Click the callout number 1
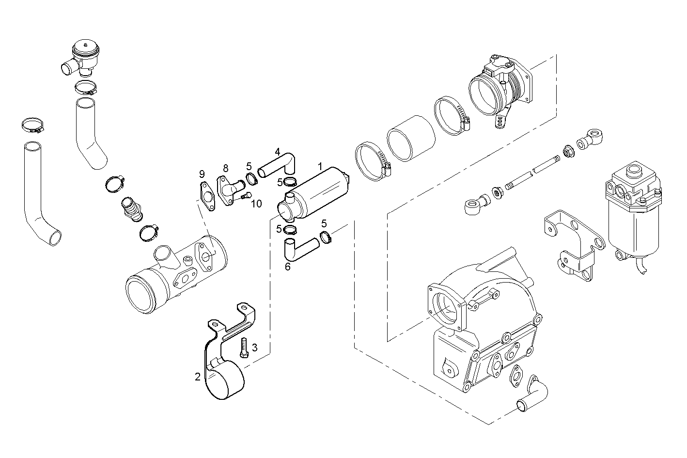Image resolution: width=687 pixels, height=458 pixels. [320, 166]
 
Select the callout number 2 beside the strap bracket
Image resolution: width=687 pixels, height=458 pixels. [198, 377]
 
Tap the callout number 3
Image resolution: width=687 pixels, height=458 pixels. [254, 347]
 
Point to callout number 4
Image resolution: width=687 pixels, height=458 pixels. [278, 151]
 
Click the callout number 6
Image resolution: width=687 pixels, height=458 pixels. [287, 266]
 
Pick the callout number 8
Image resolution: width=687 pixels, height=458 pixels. [225, 168]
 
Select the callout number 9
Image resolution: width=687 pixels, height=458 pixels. [202, 174]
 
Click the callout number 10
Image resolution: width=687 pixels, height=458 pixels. [256, 204]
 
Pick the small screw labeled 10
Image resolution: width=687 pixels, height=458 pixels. [246, 196]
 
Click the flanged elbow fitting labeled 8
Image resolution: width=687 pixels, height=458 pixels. [230, 189]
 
